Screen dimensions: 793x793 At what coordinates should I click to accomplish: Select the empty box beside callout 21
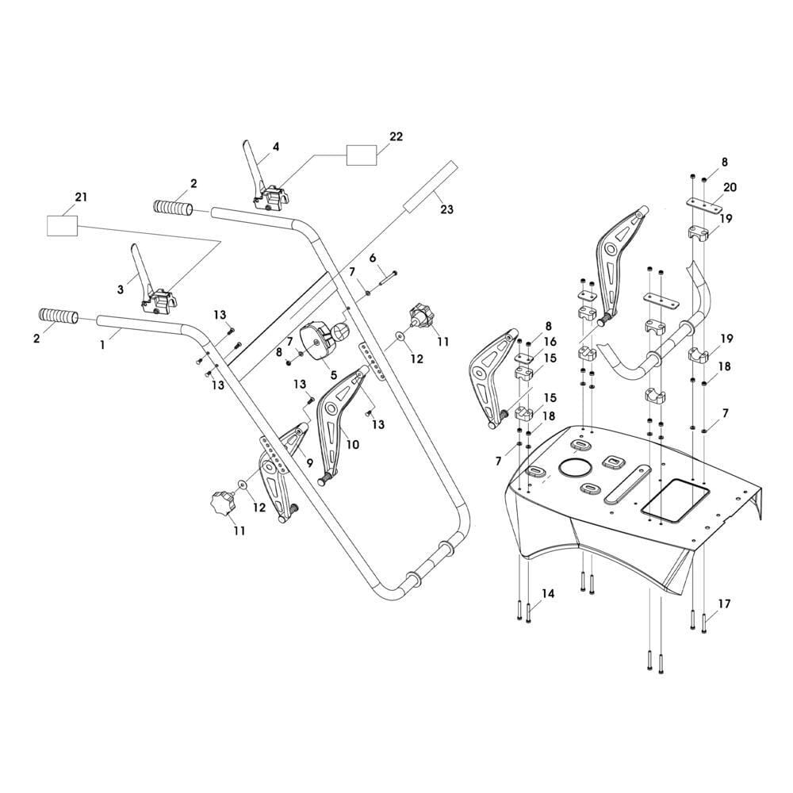(x=63, y=225)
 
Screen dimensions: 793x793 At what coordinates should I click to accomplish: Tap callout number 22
(x=396, y=136)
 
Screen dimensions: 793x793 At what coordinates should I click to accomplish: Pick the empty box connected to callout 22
(x=362, y=155)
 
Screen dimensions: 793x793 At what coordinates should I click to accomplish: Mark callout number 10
(x=352, y=444)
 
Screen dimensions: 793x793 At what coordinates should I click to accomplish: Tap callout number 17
(x=723, y=603)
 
